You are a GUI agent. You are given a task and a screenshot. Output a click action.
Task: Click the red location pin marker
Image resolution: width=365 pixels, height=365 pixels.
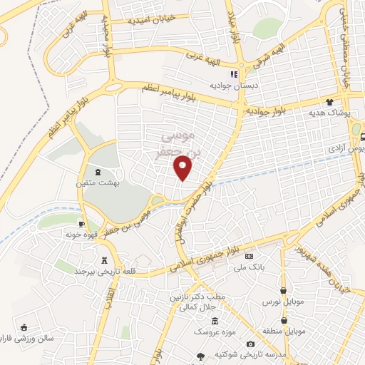coord(183,168)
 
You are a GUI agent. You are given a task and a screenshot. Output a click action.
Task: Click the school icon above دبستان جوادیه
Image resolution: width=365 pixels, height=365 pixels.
coord(232,74)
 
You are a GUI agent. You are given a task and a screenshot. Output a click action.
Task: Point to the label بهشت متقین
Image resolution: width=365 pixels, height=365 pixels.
coord(98,182)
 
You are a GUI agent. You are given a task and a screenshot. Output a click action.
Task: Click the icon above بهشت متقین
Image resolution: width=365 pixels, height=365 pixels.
coord(98,172)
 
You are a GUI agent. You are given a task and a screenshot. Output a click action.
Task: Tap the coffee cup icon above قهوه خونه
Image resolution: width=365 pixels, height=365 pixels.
coord(82,224)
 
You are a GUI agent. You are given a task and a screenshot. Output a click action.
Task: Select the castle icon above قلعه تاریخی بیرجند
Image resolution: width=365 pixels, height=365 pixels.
coord(106,260)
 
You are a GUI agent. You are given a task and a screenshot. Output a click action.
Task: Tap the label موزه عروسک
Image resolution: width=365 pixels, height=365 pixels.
coord(215,331)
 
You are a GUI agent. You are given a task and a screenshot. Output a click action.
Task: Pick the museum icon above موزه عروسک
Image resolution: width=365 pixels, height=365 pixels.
coord(215,321)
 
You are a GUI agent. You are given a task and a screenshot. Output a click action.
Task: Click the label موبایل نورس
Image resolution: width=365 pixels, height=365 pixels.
coord(285,302)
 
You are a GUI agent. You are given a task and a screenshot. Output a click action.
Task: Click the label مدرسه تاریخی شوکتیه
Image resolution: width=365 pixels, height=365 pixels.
coord(255,355)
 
